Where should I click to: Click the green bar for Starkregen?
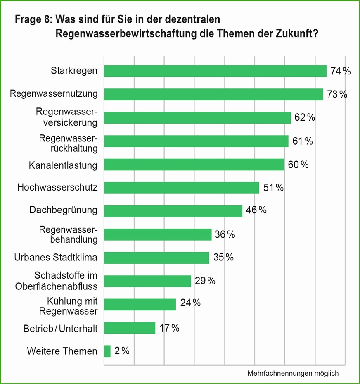215,71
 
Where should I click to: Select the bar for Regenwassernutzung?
213,94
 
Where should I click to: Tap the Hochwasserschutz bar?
182,188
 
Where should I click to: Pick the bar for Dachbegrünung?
173,211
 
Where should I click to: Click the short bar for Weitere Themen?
107,351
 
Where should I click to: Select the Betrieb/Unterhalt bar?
130,328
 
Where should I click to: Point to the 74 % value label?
340,72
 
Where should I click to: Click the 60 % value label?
298,165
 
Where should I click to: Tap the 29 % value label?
205,281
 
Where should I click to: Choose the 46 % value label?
256,210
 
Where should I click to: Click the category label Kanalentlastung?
63,165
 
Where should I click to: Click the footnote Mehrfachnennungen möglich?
293,373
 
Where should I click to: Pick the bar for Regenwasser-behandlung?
158,234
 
